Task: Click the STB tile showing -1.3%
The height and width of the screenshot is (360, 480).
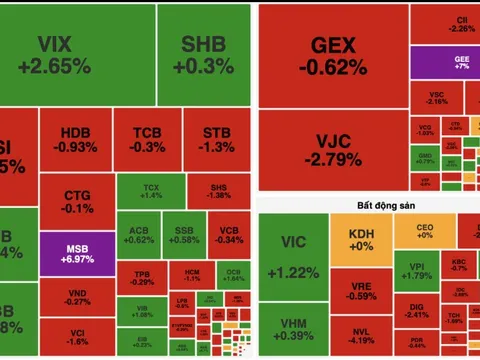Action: (x=215, y=139)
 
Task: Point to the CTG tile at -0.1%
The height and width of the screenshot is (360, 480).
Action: (x=77, y=201)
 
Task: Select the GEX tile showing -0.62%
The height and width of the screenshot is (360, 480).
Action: (x=333, y=57)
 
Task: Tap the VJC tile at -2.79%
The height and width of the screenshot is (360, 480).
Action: (x=333, y=147)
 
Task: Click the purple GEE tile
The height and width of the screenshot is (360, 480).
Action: (x=460, y=62)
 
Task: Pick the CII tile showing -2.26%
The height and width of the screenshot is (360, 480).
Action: (x=460, y=23)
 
